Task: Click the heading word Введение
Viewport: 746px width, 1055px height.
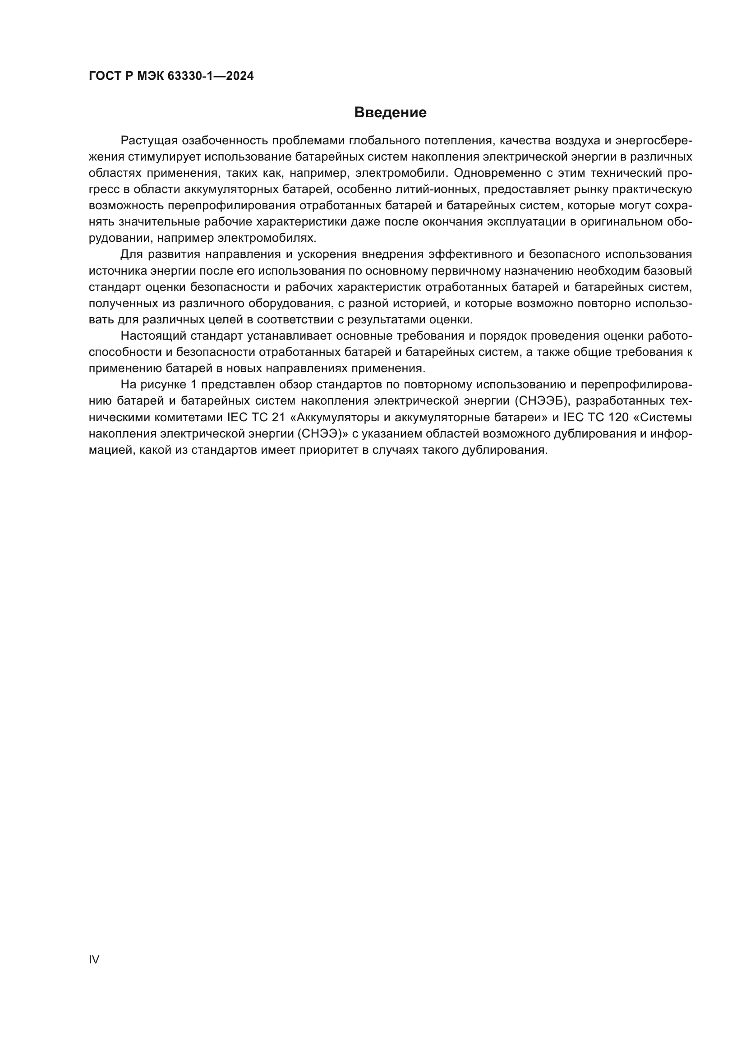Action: pos(390,113)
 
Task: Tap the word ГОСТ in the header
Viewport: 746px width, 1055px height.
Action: pos(104,76)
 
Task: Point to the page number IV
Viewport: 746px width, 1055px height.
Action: pos(94,959)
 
